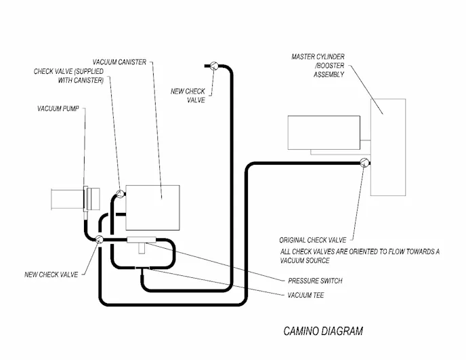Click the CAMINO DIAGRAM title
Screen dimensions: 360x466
click(322, 332)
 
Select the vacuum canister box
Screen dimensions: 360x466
click(152, 207)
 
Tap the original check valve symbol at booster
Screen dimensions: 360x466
click(364, 162)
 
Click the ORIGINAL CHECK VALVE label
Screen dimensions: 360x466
click(312, 240)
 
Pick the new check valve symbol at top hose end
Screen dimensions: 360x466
click(211, 65)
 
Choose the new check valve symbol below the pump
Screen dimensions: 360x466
click(99, 239)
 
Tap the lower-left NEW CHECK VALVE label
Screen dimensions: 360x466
click(51, 274)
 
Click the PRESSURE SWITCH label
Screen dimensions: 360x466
click(315, 281)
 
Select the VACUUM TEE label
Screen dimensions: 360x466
click(308, 295)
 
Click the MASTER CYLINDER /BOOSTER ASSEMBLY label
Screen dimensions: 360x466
click(318, 65)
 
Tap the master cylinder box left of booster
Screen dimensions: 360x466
click(323, 132)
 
